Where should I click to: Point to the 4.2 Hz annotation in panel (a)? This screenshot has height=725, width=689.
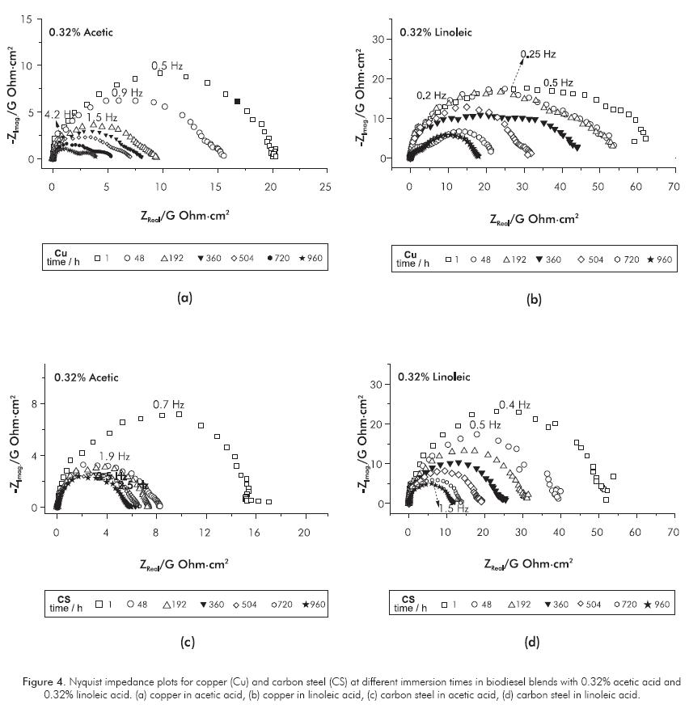pos(57,114)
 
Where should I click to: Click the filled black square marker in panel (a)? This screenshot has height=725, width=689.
pos(237,101)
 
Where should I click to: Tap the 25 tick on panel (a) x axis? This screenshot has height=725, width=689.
pos(325,187)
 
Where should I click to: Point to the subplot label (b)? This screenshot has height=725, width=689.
pos(533,299)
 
